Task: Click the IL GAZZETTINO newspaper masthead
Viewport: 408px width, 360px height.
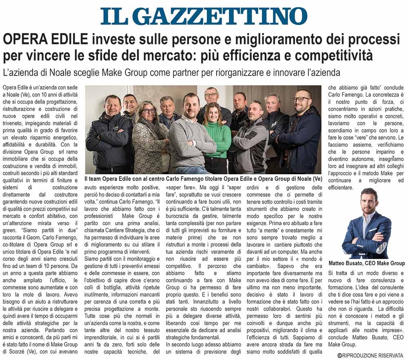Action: (204, 16)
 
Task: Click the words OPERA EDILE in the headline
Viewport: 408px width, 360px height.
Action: (45, 40)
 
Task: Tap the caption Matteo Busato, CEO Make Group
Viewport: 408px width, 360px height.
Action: (366, 263)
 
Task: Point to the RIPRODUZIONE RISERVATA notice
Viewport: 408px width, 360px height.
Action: (373, 356)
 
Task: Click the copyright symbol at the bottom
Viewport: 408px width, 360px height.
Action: (339, 356)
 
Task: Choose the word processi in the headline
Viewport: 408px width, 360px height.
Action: (368, 40)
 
